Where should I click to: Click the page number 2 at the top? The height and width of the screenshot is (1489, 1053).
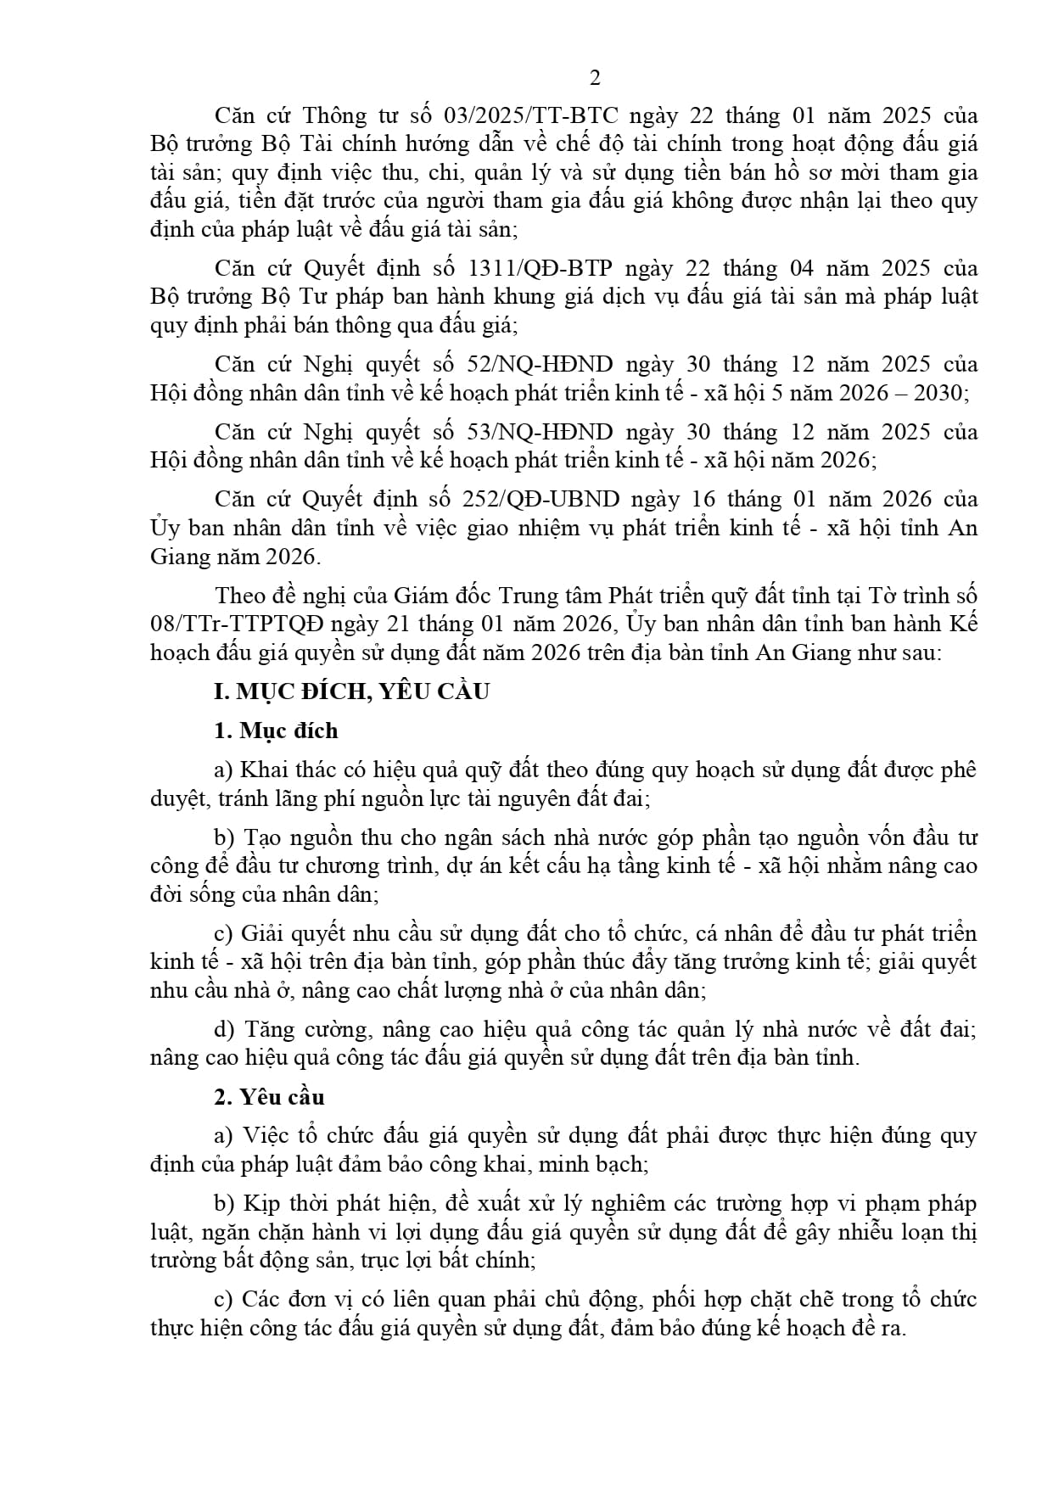(x=594, y=78)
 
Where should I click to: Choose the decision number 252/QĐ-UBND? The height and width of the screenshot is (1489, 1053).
(x=544, y=500)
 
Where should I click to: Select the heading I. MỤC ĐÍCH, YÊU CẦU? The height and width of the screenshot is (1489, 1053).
(x=351, y=691)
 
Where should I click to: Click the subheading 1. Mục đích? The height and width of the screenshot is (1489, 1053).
(x=276, y=731)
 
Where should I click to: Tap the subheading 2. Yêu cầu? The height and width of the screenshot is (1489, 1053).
(x=269, y=1097)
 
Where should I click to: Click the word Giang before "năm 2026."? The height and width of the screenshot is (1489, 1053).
(x=180, y=557)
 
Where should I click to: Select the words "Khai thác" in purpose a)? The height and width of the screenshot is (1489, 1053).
(x=285, y=770)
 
